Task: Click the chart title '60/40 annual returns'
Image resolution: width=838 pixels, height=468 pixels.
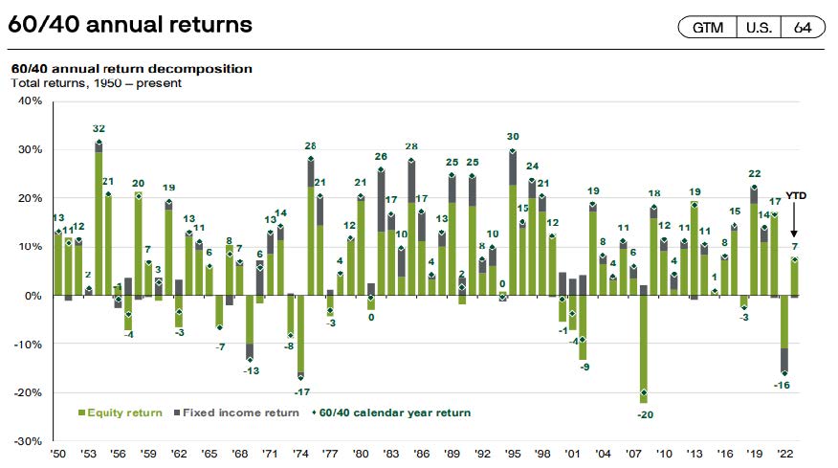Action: tap(130, 25)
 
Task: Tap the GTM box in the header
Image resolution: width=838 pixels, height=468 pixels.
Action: tap(708, 27)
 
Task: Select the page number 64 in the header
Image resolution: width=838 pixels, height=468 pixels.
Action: tap(802, 27)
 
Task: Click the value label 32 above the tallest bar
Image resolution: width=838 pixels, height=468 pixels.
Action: tap(99, 128)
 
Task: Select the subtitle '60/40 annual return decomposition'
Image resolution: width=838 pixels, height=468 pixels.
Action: tap(131, 69)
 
